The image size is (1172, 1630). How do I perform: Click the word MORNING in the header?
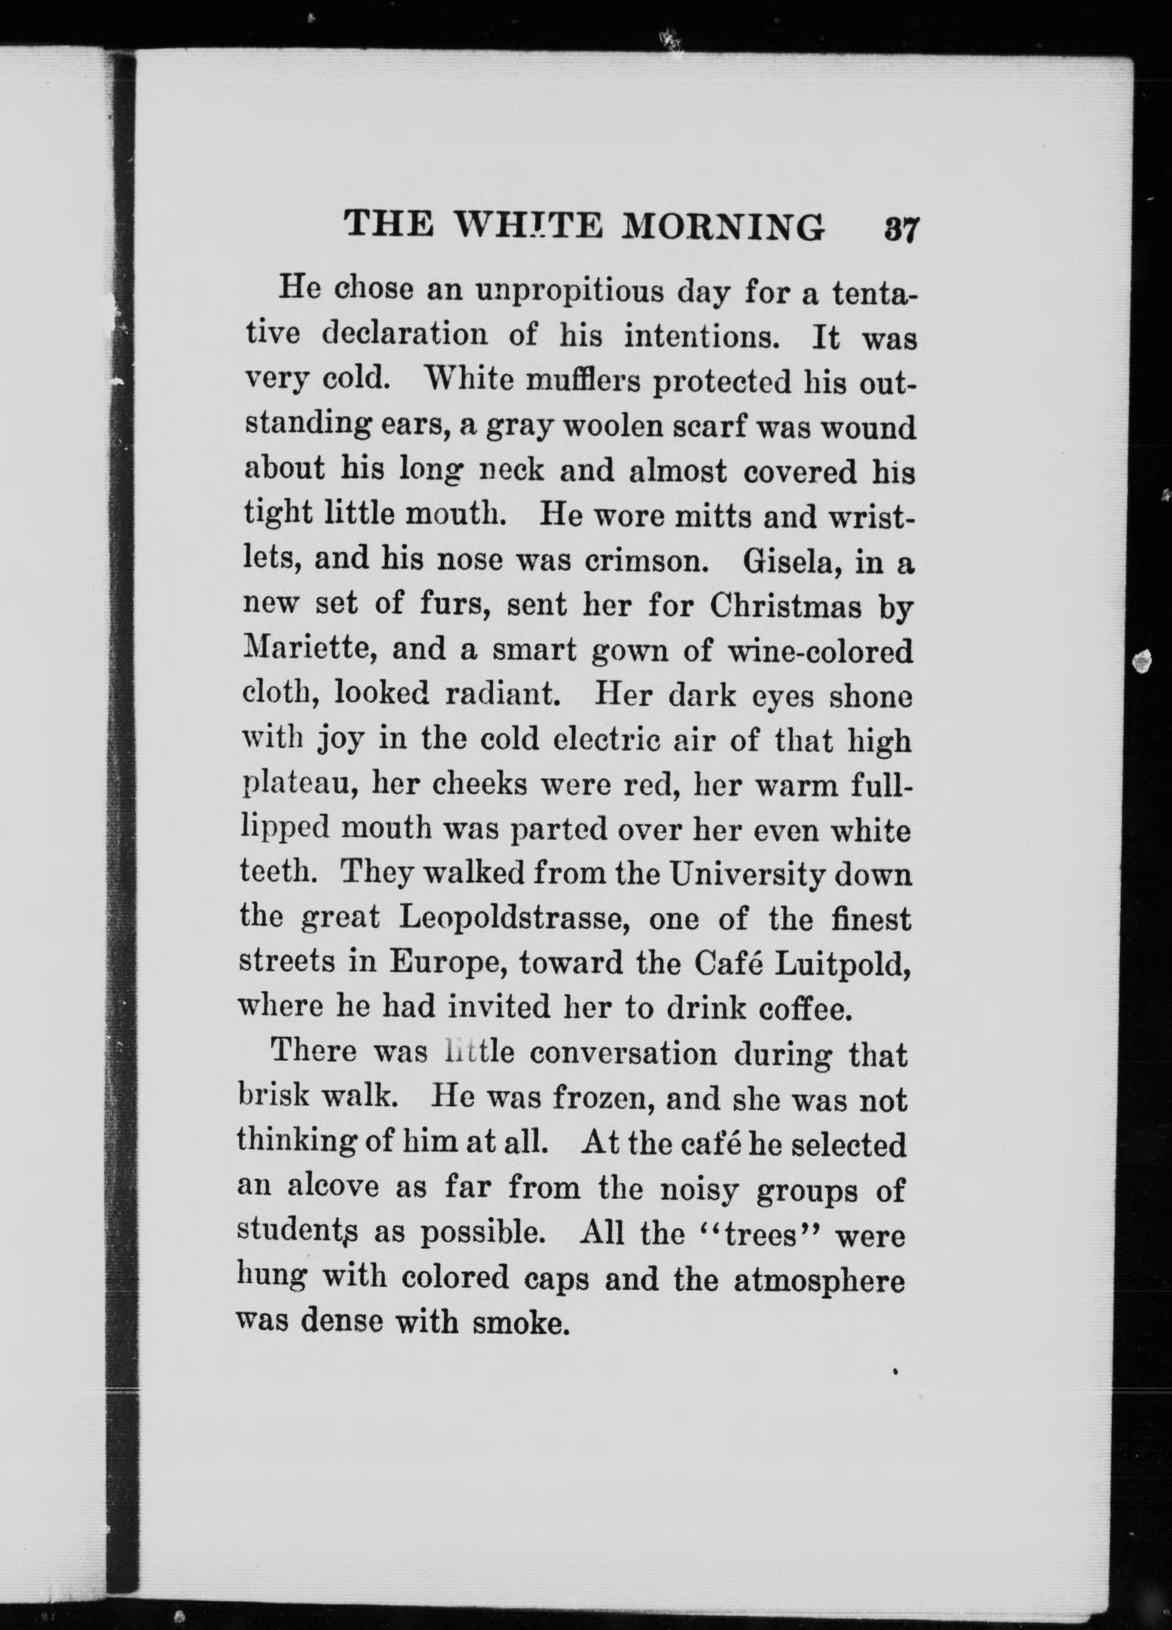pos(722,227)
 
